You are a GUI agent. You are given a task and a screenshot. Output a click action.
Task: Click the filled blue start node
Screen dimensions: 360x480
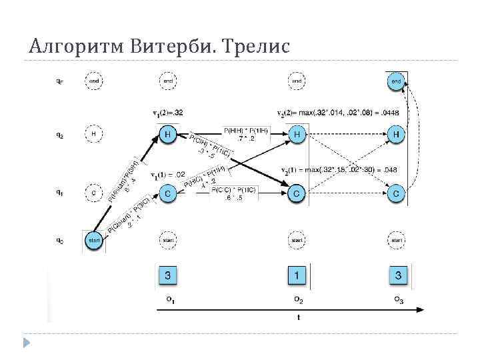click(x=94, y=240)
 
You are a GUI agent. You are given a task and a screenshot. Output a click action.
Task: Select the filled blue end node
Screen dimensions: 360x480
click(x=396, y=81)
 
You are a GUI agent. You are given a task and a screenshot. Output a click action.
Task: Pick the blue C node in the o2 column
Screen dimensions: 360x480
click(x=297, y=194)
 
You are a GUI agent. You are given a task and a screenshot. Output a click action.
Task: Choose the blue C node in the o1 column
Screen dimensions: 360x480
click(x=169, y=194)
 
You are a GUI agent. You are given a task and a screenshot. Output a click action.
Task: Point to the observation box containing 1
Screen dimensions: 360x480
click(x=297, y=275)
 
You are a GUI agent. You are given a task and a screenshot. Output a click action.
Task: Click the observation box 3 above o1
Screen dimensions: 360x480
click(x=169, y=275)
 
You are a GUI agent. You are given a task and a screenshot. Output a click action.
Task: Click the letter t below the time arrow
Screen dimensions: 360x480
click(x=298, y=317)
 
